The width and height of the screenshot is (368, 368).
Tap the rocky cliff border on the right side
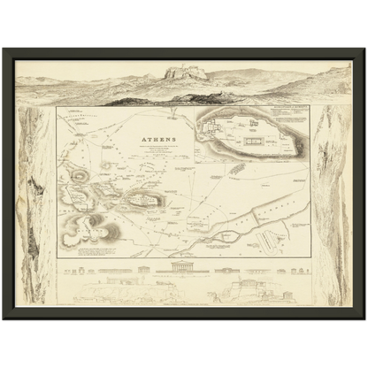click(x=333, y=203)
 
